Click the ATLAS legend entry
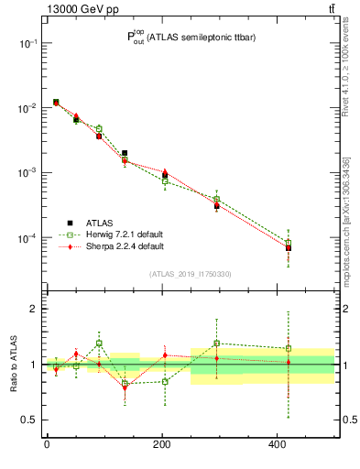[x=100, y=222]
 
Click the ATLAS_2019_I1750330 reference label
[x=189, y=274]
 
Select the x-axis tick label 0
[x=46, y=445]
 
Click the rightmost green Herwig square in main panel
[x=289, y=243]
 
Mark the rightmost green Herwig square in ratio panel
[x=289, y=348]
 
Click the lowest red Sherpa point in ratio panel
[x=125, y=387]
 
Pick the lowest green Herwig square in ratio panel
[x=125, y=383]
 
